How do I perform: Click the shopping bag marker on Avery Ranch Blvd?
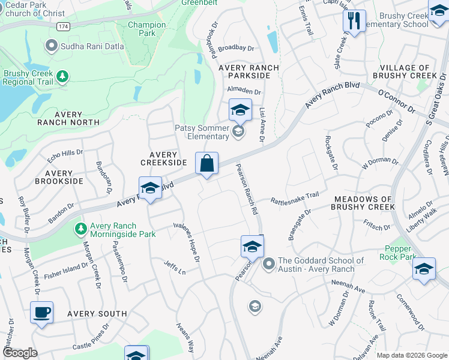(x=206, y=163)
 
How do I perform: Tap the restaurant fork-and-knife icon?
(x=354, y=21)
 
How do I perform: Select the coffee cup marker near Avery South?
(x=41, y=313)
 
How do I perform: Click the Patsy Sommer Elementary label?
(x=202, y=132)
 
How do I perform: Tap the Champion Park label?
(x=146, y=29)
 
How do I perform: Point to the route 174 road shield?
(x=63, y=27)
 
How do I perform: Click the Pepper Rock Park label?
(x=398, y=253)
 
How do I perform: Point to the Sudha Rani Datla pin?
(x=52, y=45)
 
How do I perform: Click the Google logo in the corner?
(x=19, y=353)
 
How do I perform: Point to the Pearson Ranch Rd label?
(x=246, y=190)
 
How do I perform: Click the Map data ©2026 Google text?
(x=411, y=355)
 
